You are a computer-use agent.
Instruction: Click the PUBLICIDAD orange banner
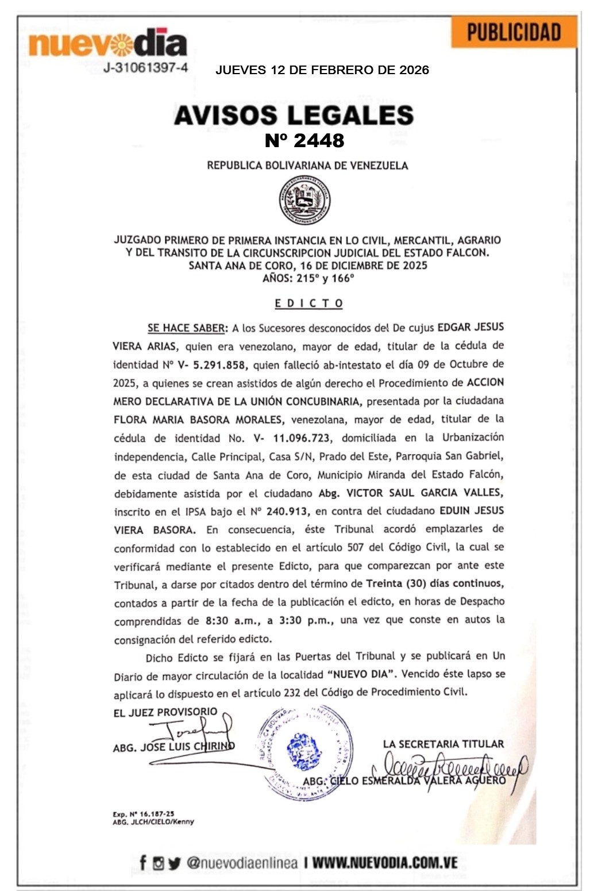point(514,32)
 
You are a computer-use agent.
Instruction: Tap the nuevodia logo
point(107,44)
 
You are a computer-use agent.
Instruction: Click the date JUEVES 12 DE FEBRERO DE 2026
point(322,70)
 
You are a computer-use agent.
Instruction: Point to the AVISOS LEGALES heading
point(294,115)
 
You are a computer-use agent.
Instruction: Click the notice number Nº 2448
point(304,140)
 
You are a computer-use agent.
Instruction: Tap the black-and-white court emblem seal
point(304,200)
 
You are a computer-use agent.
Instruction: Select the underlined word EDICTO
point(309,303)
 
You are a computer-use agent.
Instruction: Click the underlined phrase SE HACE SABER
point(186,328)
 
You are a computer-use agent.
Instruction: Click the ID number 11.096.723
point(301,438)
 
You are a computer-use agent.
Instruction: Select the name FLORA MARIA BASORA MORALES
point(198,420)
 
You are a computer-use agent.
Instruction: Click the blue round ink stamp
point(304,750)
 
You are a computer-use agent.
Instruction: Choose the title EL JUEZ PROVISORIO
point(165,712)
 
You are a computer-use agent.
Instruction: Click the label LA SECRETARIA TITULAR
point(443,744)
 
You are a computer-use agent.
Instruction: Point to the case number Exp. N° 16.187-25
point(143,814)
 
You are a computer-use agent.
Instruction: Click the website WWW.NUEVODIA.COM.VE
point(385,862)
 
